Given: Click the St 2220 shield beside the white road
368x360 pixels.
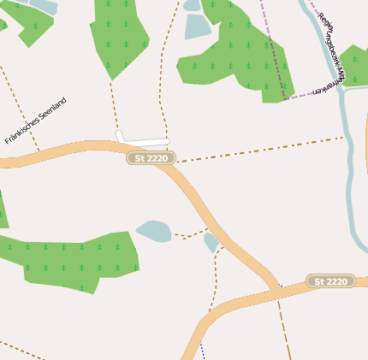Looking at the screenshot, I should point(151,157).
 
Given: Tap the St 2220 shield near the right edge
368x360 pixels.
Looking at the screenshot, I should point(330,281).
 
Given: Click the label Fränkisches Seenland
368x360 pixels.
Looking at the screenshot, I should point(35,121).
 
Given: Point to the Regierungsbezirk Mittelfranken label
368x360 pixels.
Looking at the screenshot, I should point(331,51).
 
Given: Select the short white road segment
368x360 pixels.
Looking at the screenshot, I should point(142,139).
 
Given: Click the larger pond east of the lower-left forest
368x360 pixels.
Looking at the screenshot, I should point(154,230).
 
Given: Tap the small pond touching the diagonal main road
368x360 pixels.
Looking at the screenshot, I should point(211,243).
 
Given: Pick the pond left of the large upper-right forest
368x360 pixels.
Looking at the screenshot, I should point(196,27).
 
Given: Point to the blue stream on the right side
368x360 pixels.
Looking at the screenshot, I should point(347,154).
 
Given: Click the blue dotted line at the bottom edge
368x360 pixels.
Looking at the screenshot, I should point(202,349).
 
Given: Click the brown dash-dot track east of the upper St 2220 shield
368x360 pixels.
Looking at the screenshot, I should point(257,149).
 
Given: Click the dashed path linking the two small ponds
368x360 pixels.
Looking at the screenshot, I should point(190,234).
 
